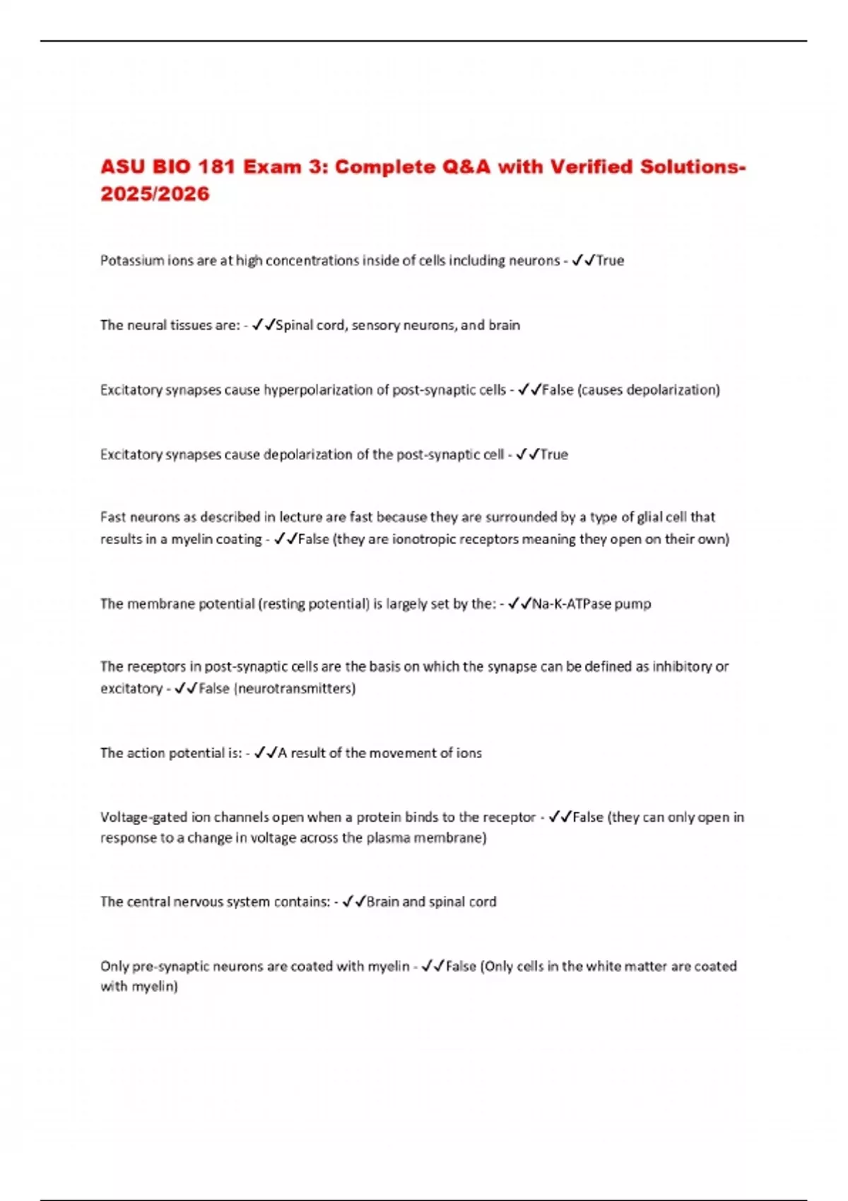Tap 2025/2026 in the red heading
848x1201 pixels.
click(x=155, y=194)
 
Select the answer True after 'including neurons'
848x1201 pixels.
click(x=611, y=261)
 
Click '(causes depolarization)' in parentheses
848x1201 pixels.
click(x=649, y=390)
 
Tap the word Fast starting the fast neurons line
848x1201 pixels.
click(x=113, y=517)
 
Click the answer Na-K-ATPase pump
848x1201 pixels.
click(x=591, y=604)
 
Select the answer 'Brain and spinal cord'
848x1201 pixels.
click(x=431, y=902)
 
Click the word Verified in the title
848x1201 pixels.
click(x=592, y=167)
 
